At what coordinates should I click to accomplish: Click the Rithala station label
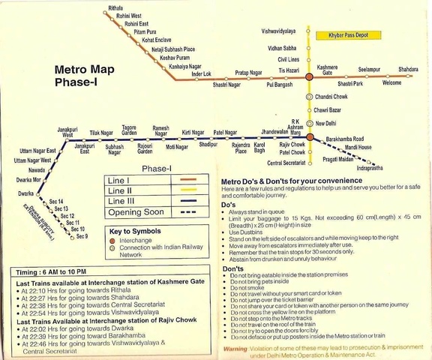pyautogui.click(x=115, y=7)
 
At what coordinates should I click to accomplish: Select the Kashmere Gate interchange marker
pyautogui.click(x=308, y=76)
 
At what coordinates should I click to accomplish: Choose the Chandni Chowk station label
pyautogui.click(x=334, y=97)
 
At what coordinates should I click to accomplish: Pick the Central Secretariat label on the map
pyautogui.click(x=286, y=163)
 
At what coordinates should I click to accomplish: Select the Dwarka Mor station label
pyautogui.click(x=28, y=180)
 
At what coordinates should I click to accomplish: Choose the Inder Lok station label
pyautogui.click(x=202, y=74)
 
